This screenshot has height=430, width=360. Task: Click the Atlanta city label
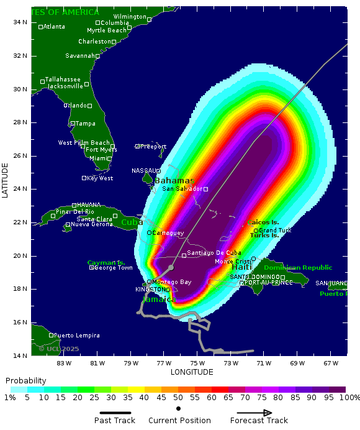[x=54, y=27]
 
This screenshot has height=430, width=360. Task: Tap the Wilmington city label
[x=130, y=16]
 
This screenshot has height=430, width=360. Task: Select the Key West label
[x=100, y=178]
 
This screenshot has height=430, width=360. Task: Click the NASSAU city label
[x=143, y=171]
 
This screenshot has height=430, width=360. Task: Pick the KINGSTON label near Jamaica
[x=150, y=290]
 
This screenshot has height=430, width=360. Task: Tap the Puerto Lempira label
[x=76, y=336]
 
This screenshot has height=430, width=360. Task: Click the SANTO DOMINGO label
[x=254, y=277]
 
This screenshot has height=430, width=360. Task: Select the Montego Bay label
[x=172, y=282]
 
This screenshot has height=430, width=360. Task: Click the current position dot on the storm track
[x=171, y=267]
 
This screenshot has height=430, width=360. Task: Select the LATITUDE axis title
[x=6, y=180]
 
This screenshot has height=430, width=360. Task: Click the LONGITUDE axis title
[x=192, y=372]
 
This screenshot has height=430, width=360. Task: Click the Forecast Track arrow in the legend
[x=254, y=413]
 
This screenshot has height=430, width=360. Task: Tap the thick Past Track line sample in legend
[x=115, y=413]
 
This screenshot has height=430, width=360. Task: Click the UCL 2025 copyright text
[x=59, y=349]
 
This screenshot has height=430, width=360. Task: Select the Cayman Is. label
[x=106, y=262]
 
